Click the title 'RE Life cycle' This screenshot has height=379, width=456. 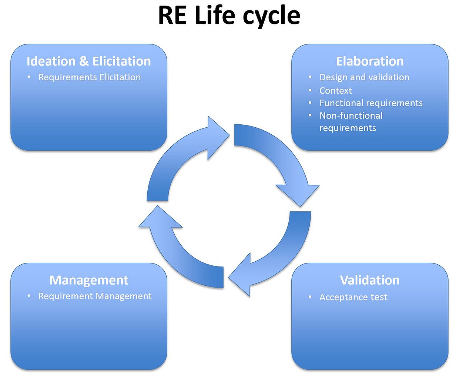tap(229, 16)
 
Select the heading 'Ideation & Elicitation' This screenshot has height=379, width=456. tap(89, 61)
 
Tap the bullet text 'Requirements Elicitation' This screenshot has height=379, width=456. tap(90, 77)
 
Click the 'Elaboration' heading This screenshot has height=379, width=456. tap(370, 61)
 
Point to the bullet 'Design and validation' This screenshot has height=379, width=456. tap(364, 77)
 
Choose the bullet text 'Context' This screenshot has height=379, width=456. tap(335, 91)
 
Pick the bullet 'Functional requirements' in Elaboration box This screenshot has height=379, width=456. tap(371, 103)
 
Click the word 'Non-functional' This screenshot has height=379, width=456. tap(351, 115)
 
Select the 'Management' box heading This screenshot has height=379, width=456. tap(89, 280)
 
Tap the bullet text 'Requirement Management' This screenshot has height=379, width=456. tap(95, 296)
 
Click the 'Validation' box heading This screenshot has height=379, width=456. tap(370, 280)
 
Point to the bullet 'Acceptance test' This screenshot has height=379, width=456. tap(353, 297)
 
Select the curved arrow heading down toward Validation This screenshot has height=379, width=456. tap(285, 167)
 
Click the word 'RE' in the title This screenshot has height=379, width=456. tap(172, 16)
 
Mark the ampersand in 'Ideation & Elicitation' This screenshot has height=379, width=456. tap(84, 61)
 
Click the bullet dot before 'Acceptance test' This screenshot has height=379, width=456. tap(310, 297)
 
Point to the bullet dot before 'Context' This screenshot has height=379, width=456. tap(310, 90)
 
